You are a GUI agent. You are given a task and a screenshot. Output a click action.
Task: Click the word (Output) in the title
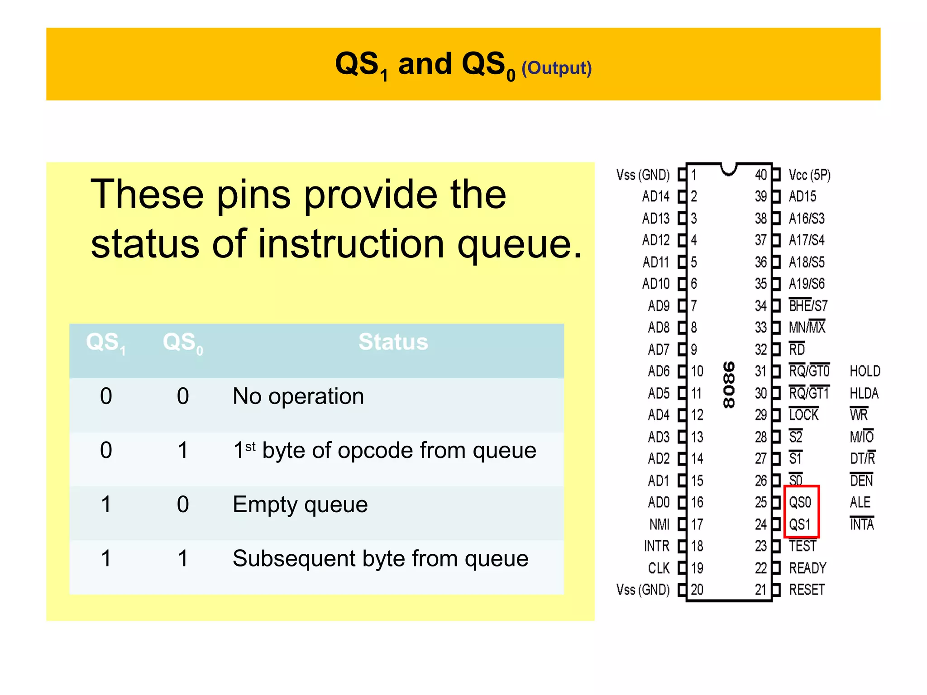(556, 68)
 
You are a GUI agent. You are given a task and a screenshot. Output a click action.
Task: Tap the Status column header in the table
(393, 342)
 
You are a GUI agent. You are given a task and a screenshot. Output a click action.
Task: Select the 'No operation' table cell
(298, 397)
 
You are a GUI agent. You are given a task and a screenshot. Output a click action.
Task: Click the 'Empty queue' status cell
(300, 505)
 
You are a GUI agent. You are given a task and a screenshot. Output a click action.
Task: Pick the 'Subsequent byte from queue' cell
(380, 559)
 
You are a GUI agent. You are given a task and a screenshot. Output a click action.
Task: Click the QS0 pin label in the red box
(800, 502)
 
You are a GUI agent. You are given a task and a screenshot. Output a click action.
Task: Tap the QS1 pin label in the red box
(800, 524)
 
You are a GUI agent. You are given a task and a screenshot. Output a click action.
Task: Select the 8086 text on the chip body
(729, 385)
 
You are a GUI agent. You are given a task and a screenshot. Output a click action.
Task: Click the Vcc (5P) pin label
(809, 175)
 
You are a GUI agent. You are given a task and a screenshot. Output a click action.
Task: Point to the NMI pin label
(659, 524)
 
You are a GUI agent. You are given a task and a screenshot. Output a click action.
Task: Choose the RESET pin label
(807, 590)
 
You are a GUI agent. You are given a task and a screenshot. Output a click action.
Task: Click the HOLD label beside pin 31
(865, 371)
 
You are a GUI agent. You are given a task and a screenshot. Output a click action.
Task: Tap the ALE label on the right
(860, 502)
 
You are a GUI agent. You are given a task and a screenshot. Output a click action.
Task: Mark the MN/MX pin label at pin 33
(807, 327)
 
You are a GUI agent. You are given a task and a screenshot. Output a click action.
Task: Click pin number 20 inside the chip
(697, 590)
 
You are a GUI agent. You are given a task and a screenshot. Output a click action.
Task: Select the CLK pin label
(659, 568)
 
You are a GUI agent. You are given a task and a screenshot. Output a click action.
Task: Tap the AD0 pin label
(658, 502)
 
